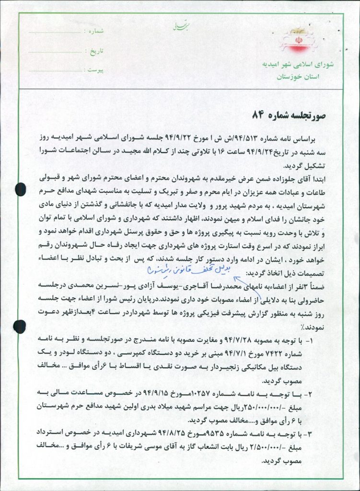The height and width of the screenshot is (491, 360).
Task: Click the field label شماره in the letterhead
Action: pos(96,31)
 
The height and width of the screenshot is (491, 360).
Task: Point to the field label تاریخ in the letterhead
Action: pos(97,50)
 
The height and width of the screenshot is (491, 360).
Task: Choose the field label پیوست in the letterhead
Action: pos(96,70)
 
